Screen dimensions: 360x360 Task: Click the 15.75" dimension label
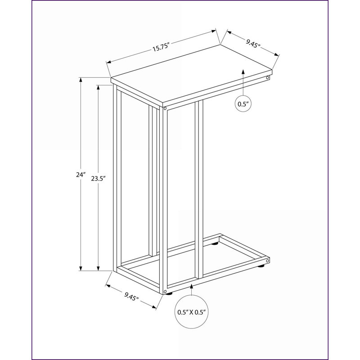pos(161,47)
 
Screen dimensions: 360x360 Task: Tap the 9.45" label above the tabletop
pos(253,43)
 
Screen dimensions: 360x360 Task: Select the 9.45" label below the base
pos(132,296)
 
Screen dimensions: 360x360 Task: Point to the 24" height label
pos(81,175)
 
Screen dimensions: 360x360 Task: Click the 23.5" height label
pos(98,178)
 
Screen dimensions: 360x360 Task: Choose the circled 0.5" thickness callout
pos(243,104)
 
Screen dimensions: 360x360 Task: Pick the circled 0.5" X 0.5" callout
pos(192,312)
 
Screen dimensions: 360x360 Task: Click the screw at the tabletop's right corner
pos(267,77)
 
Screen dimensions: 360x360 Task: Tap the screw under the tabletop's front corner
pos(165,108)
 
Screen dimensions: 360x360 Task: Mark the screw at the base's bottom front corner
pos(165,292)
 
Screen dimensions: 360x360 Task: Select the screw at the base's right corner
pos(267,261)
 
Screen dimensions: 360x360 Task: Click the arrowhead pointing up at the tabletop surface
pos(243,71)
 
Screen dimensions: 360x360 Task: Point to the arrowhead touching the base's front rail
pos(192,287)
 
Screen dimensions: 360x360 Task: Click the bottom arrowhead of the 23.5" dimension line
pos(98,268)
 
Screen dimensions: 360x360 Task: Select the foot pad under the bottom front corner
pos(170,293)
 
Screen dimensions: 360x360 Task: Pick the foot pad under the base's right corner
pos(261,266)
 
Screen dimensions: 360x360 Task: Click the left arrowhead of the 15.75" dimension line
pos(108,62)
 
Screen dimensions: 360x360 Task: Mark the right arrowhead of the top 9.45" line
pos(276,54)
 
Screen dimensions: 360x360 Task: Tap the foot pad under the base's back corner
pos(215,243)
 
